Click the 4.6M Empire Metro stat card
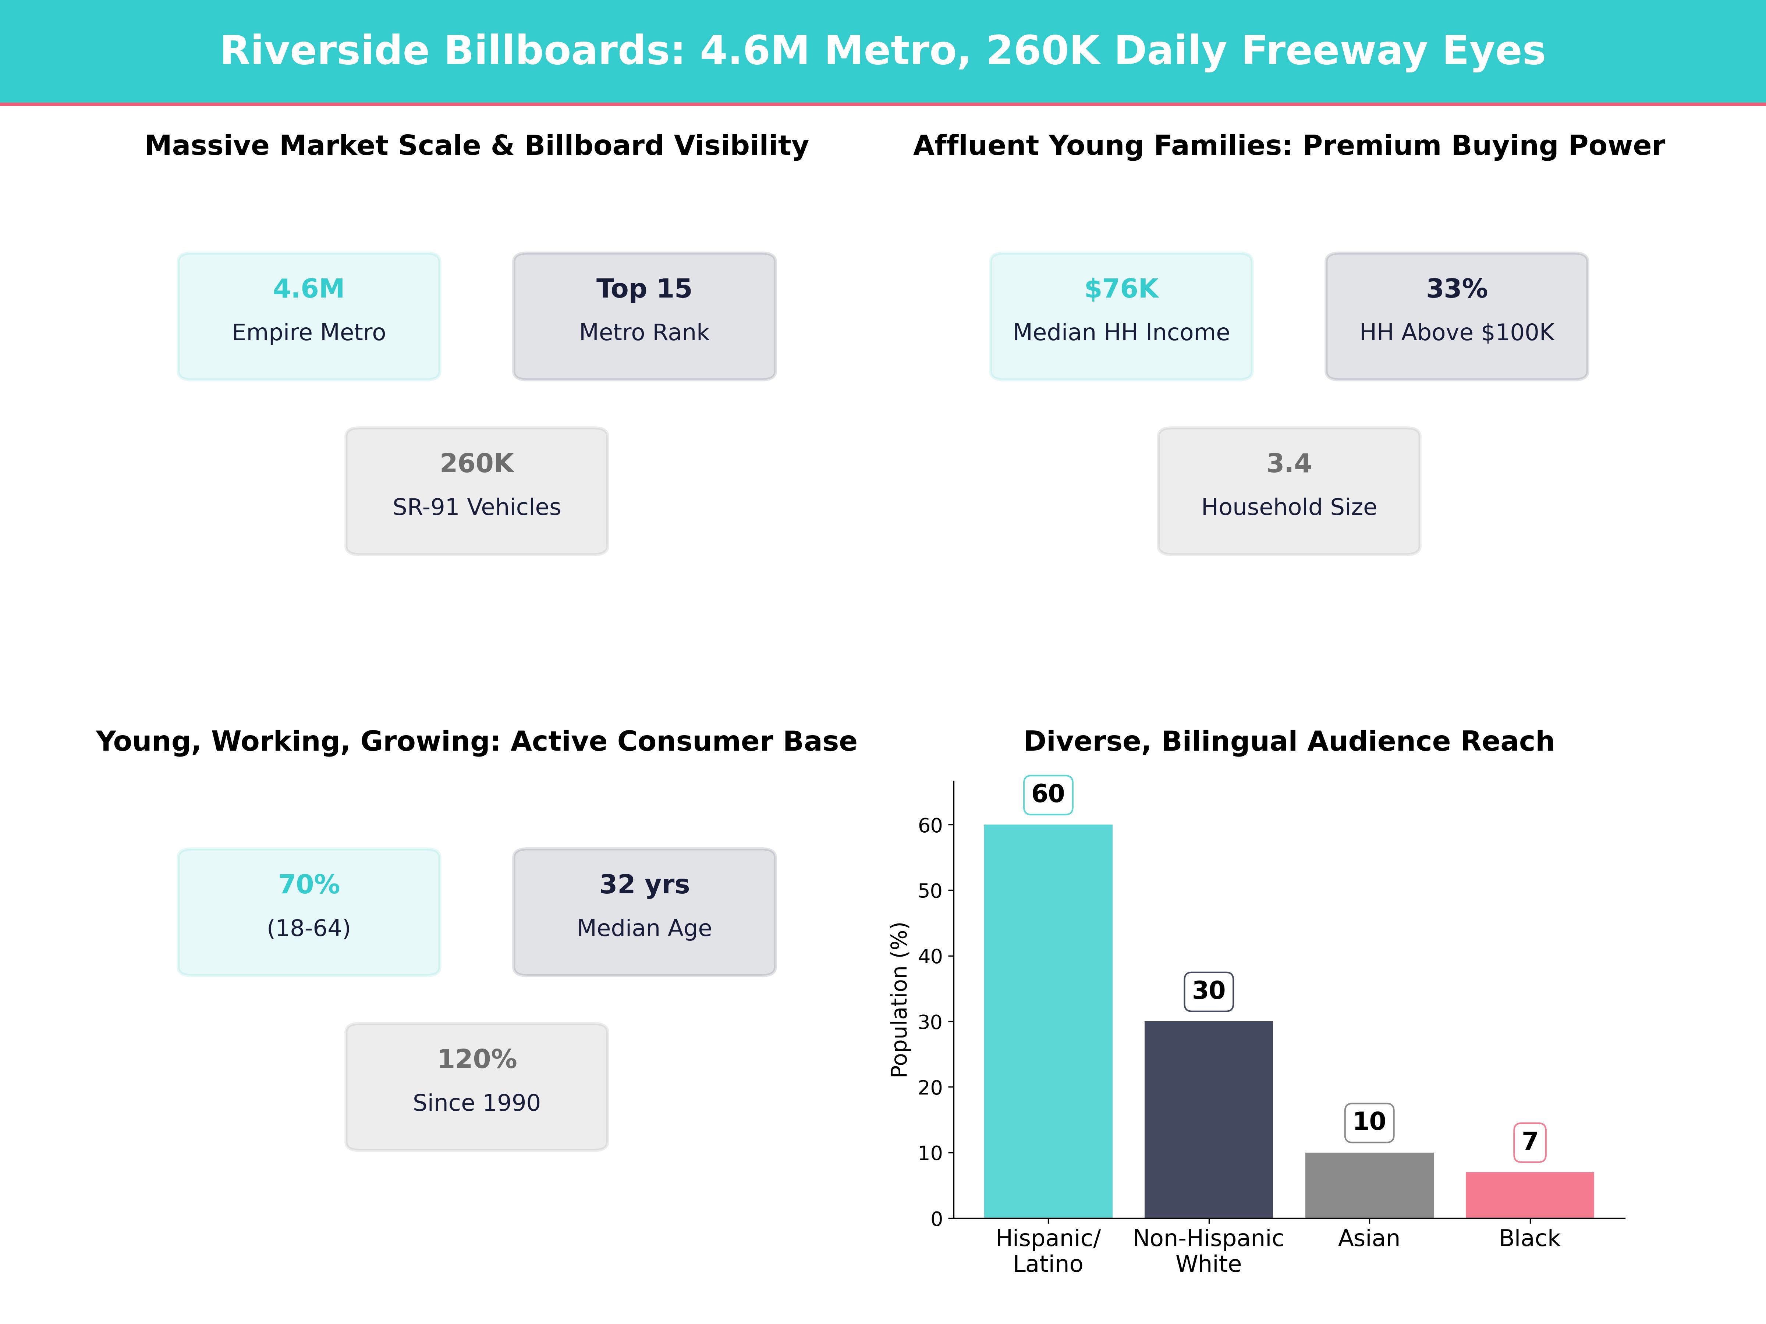tap(308, 316)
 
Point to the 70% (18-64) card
tap(308, 911)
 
